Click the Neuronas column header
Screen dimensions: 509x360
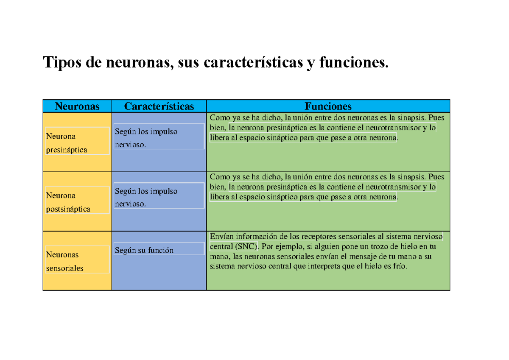coord(77,106)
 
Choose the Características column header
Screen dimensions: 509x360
coord(159,106)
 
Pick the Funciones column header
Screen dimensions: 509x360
coord(327,106)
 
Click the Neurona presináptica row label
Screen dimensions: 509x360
coord(67,143)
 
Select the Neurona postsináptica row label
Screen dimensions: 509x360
coord(68,202)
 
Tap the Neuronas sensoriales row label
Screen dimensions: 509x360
coord(65,261)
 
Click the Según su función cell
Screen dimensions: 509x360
coord(144,250)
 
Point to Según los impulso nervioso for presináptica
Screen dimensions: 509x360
coord(146,138)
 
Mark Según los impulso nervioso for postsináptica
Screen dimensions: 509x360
coord(146,197)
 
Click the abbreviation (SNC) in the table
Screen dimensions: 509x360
coord(246,247)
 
